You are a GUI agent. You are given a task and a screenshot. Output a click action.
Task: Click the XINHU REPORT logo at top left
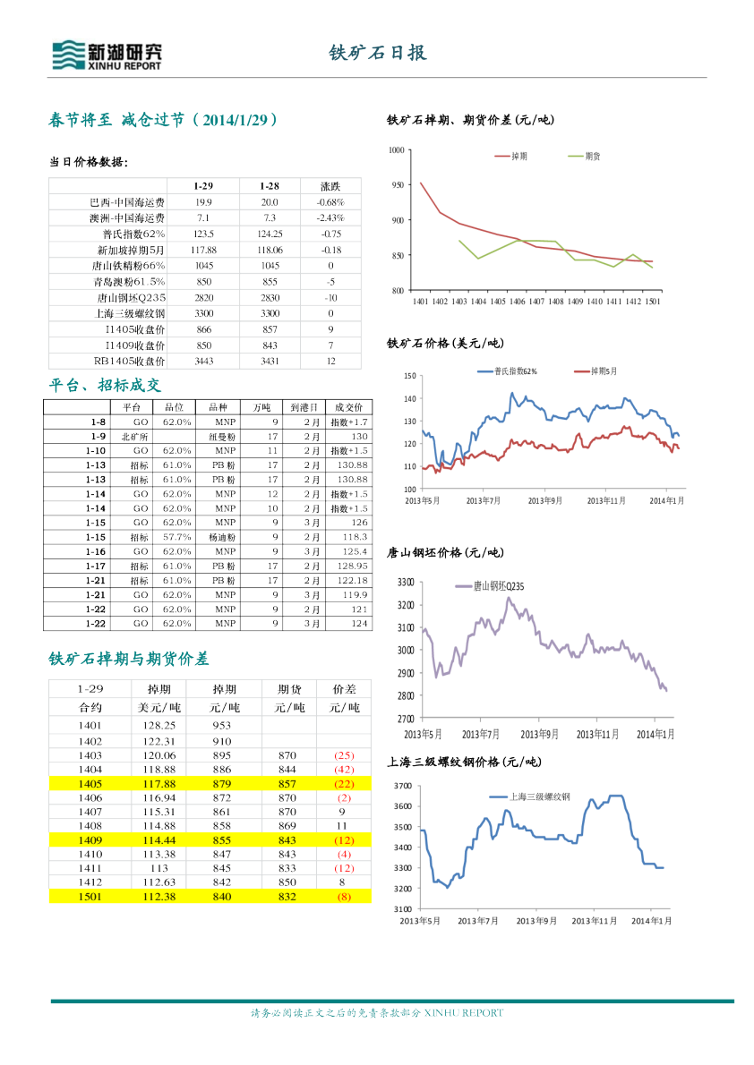[107, 55]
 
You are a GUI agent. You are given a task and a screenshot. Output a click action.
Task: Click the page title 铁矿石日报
[377, 53]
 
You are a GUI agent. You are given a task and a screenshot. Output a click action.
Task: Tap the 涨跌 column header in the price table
[330, 186]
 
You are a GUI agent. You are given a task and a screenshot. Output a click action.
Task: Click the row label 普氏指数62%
[135, 234]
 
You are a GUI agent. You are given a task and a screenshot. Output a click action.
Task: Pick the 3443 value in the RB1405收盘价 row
[203, 362]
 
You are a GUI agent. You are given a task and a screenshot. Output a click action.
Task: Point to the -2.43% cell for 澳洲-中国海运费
[330, 218]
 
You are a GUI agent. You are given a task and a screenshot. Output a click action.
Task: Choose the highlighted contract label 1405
[90, 782]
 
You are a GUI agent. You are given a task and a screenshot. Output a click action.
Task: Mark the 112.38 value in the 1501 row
[158, 897]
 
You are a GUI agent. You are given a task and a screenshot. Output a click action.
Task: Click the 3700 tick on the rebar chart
[403, 785]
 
